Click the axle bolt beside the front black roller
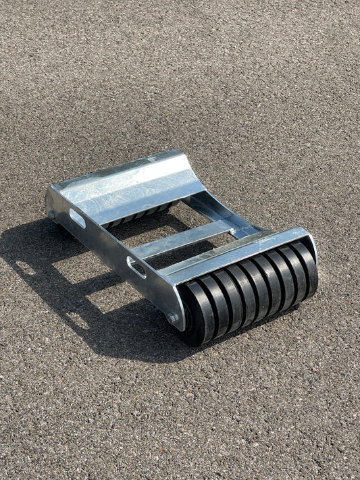(173, 317)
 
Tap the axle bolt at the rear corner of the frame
(52, 215)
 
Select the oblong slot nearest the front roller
(136, 266)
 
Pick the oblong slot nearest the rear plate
(78, 218)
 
